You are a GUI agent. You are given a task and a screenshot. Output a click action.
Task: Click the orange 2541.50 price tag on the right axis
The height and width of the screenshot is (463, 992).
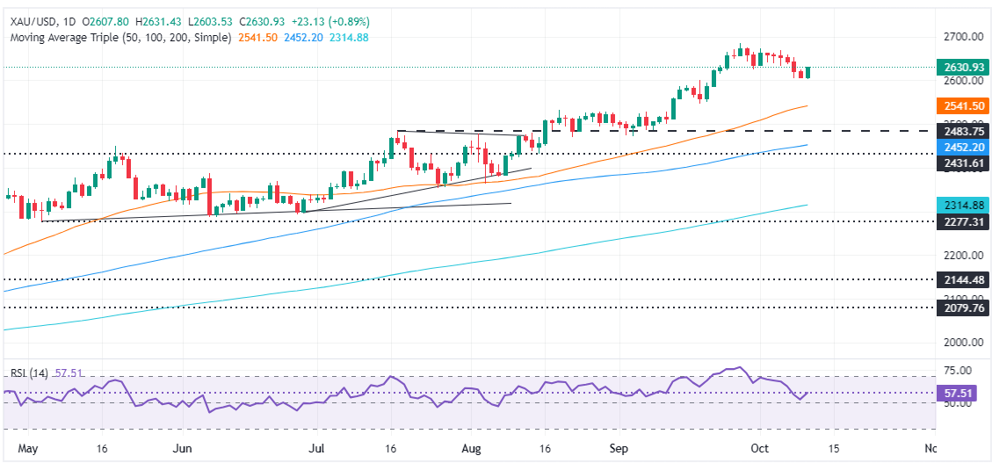[x=958, y=105]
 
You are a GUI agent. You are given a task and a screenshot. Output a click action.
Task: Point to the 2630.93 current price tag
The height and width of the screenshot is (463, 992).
[x=958, y=67]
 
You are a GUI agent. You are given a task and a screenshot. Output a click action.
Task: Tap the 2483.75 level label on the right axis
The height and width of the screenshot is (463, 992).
[x=958, y=131]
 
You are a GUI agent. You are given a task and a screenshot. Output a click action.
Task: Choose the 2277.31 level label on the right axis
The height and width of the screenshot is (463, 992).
[x=958, y=221]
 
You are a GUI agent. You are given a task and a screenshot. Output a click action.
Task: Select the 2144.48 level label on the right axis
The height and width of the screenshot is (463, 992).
[x=958, y=279]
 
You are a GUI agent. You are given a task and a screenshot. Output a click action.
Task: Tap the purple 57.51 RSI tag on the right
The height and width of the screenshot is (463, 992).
[x=958, y=392]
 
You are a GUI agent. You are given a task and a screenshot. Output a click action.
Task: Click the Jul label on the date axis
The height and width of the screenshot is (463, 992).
[x=317, y=448]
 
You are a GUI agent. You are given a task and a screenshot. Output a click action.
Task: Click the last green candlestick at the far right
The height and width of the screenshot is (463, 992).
[x=807, y=72]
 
